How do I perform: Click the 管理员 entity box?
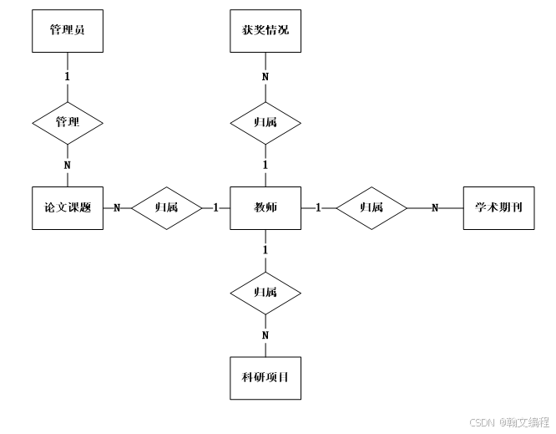pos(68,30)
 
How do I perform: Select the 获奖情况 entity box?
pos(265,30)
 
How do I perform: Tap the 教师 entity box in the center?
pos(265,207)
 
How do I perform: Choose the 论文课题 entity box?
pos(68,207)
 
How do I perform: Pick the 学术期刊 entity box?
pos(498,207)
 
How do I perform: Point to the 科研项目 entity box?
pos(265,378)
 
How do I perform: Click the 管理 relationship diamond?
pos(68,122)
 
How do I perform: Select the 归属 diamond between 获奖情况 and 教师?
pos(265,122)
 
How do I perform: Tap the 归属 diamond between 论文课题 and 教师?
pos(166,207)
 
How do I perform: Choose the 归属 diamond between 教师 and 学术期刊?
pos(371,207)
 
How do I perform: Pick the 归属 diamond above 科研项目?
pos(265,293)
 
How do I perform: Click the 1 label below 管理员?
pos(68,76)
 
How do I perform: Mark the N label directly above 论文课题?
pos(68,165)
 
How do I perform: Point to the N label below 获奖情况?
pos(265,77)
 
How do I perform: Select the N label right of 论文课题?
pos(117,207)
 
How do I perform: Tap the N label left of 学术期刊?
pos(434,207)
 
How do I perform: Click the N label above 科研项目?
pos(265,335)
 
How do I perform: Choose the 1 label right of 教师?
pos(318,207)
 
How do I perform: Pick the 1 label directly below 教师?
pos(265,250)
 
